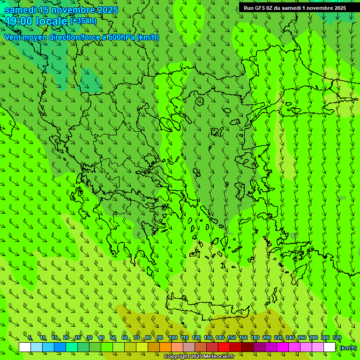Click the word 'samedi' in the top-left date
(21, 9)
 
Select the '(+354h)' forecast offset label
(83, 21)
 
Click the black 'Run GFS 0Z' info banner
(294, 8)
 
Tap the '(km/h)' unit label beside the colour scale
(348, 348)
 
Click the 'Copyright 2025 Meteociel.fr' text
(199, 357)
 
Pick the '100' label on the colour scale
(173, 338)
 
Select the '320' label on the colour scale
(337, 338)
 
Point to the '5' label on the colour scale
(30, 338)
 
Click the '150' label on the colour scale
(232, 338)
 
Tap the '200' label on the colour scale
(267, 338)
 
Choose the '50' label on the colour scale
(113, 338)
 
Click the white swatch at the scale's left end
(25, 347)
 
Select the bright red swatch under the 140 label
(224, 347)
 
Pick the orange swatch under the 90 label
(165, 347)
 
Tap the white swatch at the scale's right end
(330, 347)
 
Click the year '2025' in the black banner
(337, 8)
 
